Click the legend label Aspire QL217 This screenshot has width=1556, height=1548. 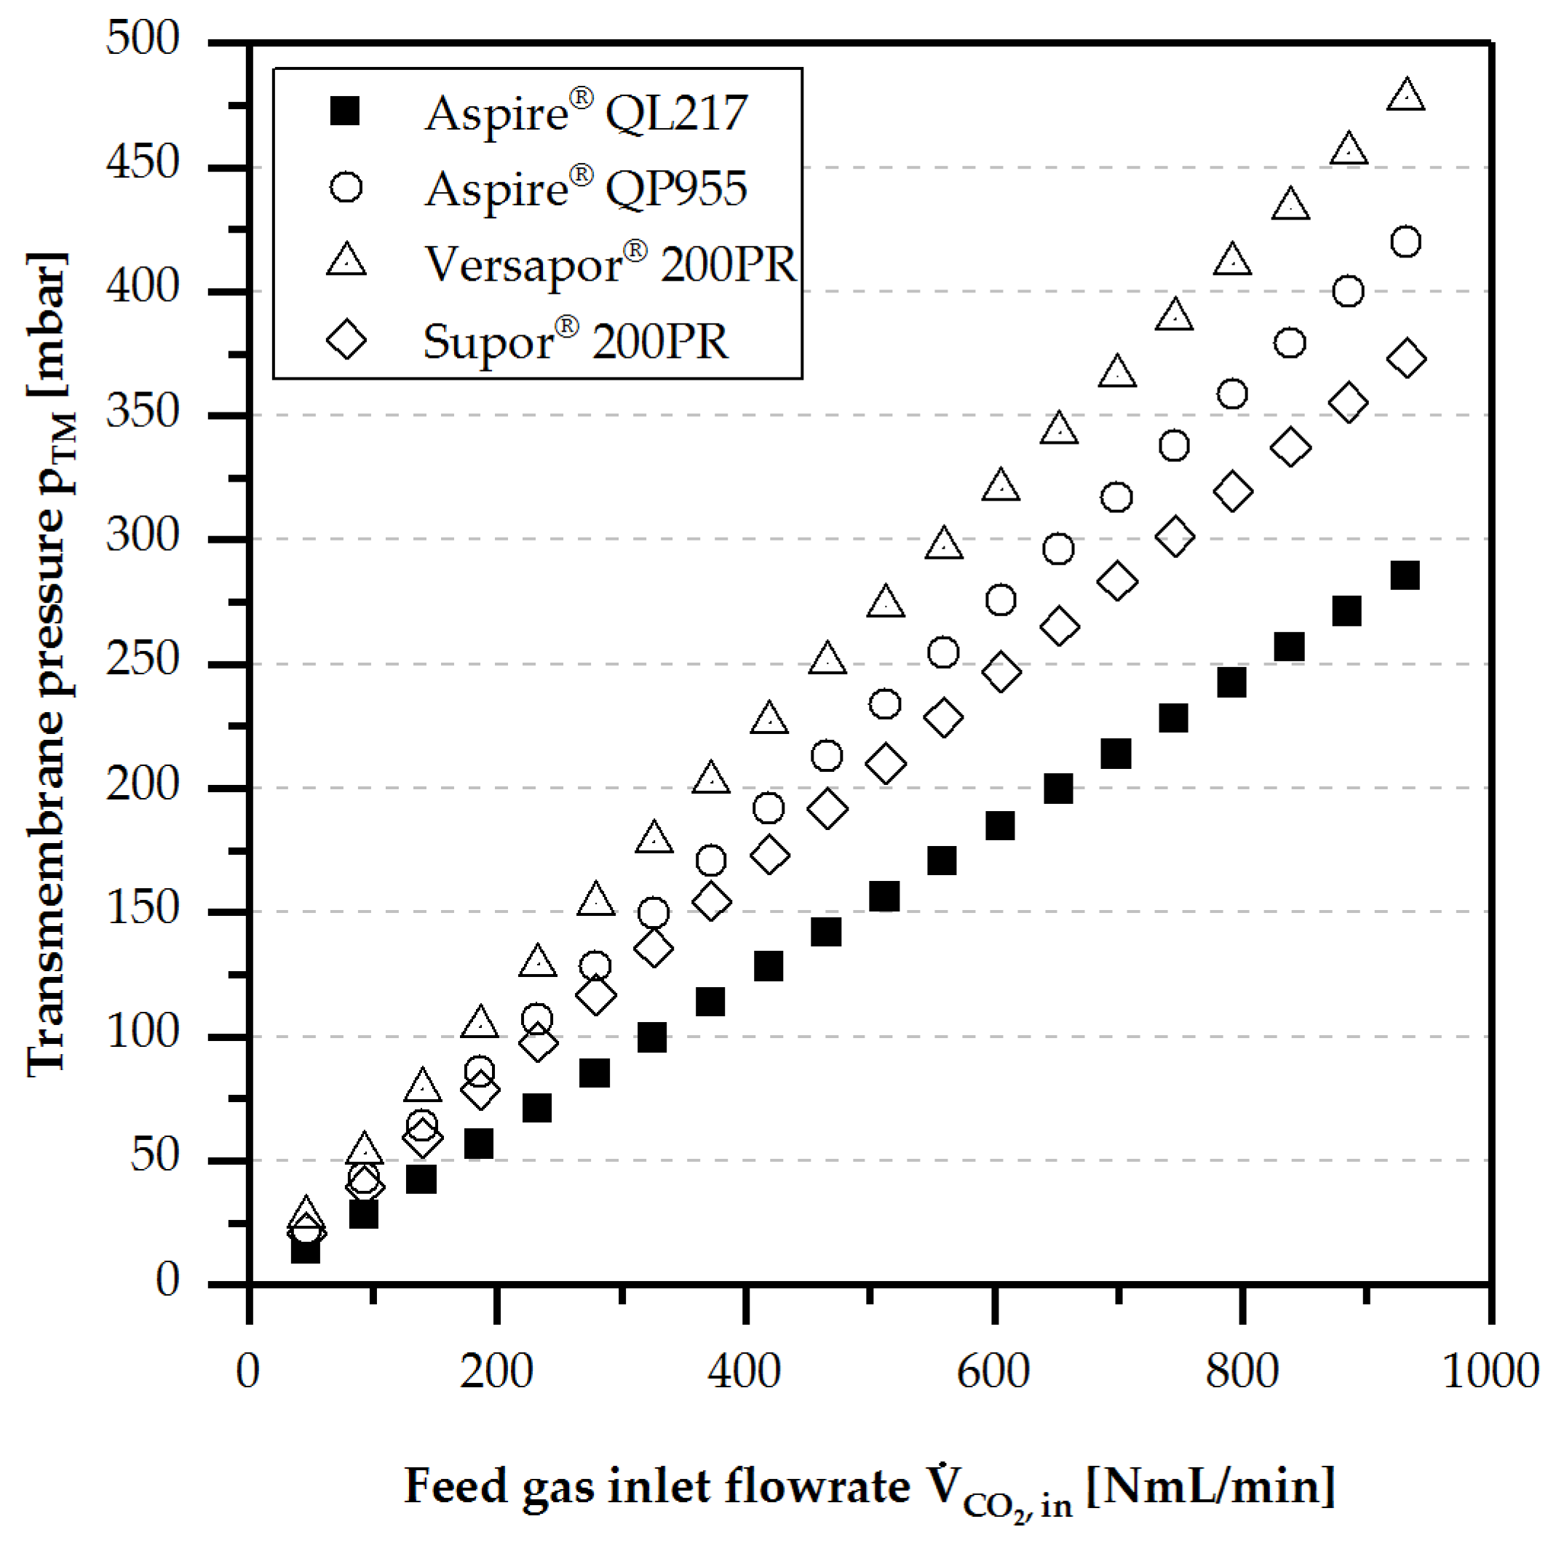click(x=587, y=113)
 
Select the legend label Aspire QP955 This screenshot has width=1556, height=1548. click(x=587, y=189)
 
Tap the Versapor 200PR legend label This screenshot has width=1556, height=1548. click(x=611, y=264)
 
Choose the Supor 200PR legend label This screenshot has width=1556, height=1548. click(x=575, y=340)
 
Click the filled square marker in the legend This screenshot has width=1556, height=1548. click(x=346, y=111)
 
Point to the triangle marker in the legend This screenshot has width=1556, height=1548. click(x=346, y=261)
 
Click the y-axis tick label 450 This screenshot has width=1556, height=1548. click(x=143, y=164)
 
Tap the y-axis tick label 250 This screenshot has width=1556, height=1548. click(x=143, y=660)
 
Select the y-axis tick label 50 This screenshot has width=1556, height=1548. click(x=154, y=1157)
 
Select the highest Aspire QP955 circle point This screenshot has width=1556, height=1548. click(x=1405, y=242)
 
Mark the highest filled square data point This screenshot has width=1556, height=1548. click(x=1405, y=575)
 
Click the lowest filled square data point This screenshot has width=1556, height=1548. click(x=305, y=1249)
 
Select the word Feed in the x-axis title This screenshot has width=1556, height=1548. click(x=455, y=1486)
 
